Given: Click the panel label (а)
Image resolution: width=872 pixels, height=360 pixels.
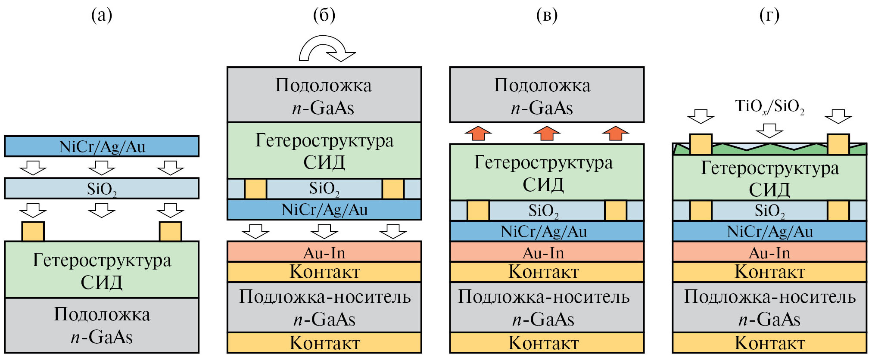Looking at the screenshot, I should pyautogui.click(x=102, y=16).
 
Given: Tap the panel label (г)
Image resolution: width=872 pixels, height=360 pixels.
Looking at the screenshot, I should pyautogui.click(x=769, y=16).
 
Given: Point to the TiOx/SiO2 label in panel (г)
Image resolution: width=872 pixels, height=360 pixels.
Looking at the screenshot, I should pyautogui.click(x=769, y=106).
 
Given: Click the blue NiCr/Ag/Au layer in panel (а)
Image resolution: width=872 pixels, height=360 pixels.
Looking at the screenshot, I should pyautogui.click(x=102, y=146).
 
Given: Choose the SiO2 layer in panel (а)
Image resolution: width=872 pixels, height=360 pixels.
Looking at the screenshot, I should pyautogui.click(x=102, y=189).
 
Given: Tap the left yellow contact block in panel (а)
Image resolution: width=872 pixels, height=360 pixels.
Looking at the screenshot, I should pyautogui.click(x=33, y=231).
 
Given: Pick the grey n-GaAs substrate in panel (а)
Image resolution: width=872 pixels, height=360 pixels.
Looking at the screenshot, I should pyautogui.click(x=102, y=326).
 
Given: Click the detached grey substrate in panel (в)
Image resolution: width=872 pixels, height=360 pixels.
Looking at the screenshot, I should pyautogui.click(x=547, y=95).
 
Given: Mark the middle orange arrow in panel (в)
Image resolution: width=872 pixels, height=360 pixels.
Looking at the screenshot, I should pyautogui.click(x=547, y=133).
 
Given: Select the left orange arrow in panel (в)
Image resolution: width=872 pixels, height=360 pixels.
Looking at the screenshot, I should pyautogui.click(x=478, y=133).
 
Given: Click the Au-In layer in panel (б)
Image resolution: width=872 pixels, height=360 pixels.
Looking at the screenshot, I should pyautogui.click(x=324, y=252).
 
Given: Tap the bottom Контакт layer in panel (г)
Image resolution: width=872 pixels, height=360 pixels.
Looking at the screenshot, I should pyautogui.click(x=769, y=343).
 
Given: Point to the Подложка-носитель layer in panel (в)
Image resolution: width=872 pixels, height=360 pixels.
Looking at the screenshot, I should pyautogui.click(x=547, y=307).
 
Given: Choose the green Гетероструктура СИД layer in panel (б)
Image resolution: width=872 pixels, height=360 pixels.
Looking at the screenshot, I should pyautogui.click(x=324, y=151).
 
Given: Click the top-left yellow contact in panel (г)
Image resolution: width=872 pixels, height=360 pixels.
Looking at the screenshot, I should pyautogui.click(x=701, y=144).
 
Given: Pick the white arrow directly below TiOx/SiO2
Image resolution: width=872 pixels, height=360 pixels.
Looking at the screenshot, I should pyautogui.click(x=769, y=130).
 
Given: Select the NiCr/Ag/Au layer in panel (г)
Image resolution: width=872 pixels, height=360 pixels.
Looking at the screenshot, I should pyautogui.click(x=769, y=231).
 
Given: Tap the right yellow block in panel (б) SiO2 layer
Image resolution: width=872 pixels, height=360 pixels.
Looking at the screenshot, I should pyautogui.click(x=393, y=189).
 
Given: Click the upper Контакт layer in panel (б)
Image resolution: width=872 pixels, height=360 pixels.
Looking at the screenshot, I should pyautogui.click(x=324, y=272).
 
